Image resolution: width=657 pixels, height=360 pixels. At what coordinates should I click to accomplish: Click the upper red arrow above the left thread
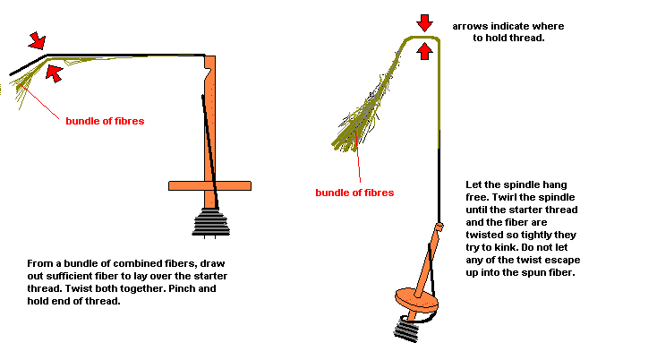(38, 40)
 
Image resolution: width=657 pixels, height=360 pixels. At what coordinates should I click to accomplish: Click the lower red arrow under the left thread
(54, 73)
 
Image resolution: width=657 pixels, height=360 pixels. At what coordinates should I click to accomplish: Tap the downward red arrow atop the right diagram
(425, 23)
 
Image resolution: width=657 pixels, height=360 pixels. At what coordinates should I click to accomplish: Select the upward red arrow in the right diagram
(425, 51)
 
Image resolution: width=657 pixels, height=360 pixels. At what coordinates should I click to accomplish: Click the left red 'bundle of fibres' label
(105, 121)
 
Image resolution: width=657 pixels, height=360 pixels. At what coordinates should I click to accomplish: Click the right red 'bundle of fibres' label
(354, 193)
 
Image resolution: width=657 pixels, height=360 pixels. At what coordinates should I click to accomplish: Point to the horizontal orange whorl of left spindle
(210, 185)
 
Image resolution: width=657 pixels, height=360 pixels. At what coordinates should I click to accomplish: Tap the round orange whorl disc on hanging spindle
(416, 299)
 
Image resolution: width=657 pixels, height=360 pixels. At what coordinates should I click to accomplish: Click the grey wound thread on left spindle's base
(210, 222)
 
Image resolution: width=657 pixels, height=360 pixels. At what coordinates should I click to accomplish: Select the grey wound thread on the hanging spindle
(406, 330)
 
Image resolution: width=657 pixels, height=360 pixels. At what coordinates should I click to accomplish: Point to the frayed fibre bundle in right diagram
(366, 105)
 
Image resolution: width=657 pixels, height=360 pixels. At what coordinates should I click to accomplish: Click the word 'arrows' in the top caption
(470, 26)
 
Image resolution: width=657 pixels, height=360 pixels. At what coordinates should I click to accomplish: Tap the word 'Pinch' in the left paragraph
(183, 288)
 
